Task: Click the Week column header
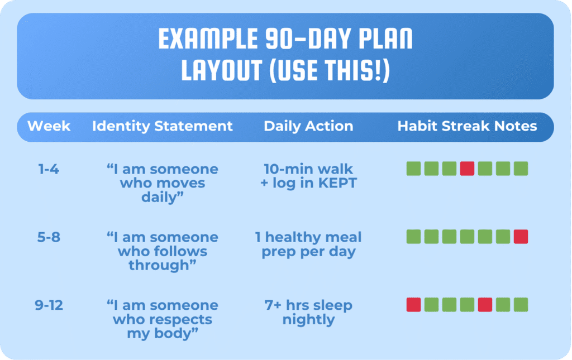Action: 49,126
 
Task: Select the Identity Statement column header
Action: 163,127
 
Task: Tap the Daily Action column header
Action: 308,127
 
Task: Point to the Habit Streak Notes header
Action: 467,126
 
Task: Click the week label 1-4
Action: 49,169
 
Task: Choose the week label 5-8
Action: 49,237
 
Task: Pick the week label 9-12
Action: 49,305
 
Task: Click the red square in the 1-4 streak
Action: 467,169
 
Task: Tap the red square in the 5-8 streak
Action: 521,237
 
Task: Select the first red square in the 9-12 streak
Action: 413,305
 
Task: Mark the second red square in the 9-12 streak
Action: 485,305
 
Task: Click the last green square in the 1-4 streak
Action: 521,169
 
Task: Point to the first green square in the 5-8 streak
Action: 413,237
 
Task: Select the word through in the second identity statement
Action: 160,266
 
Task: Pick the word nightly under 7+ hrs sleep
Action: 308,320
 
